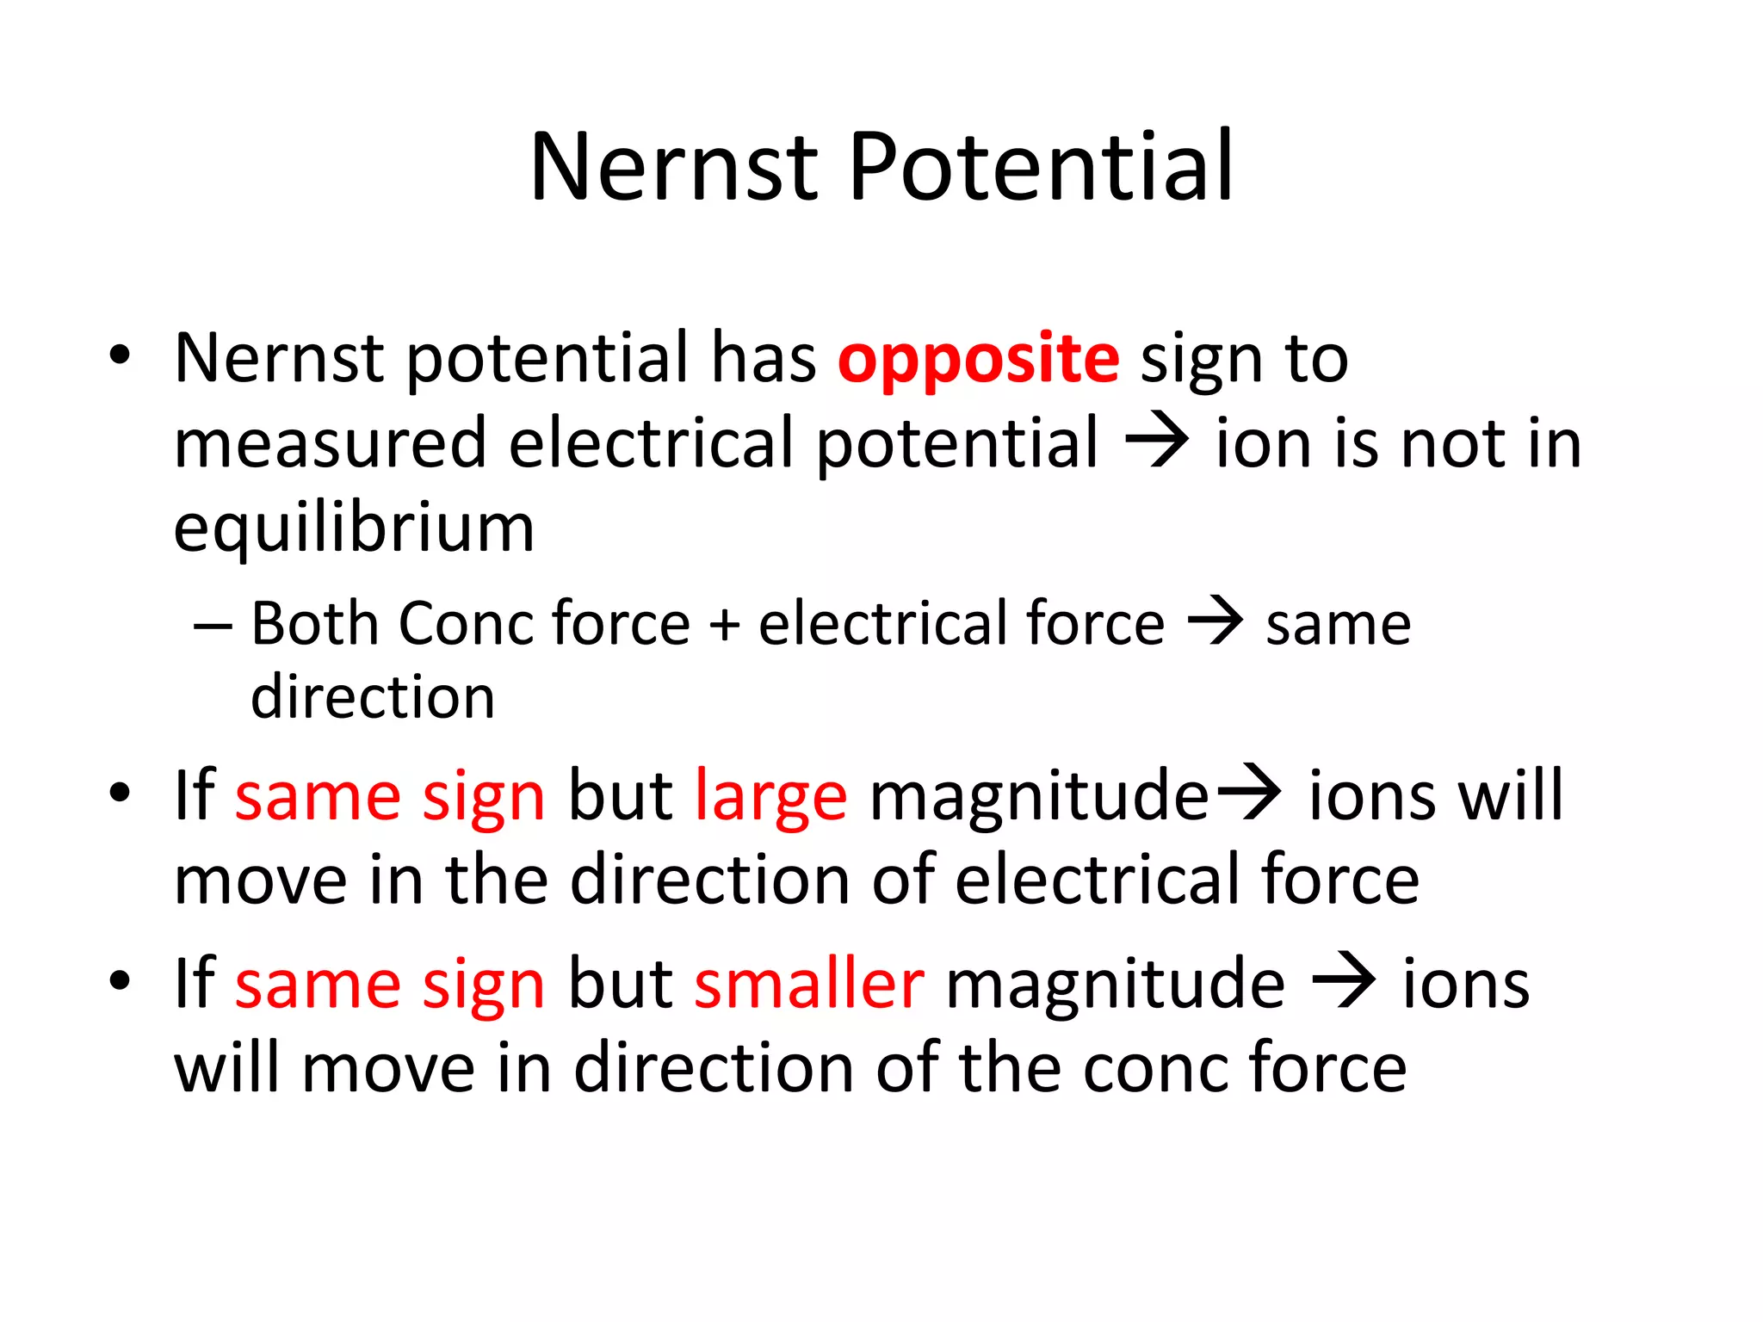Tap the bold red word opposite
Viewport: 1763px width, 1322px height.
point(979,359)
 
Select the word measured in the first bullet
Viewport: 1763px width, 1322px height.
point(330,443)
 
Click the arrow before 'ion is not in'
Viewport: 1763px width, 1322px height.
point(1157,442)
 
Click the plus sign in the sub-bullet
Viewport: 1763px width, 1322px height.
point(724,624)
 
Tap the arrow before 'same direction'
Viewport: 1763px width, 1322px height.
point(1215,621)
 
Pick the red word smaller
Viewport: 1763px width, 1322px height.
point(809,983)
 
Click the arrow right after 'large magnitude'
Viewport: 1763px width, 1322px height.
point(1246,794)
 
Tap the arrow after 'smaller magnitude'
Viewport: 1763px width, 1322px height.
point(1343,983)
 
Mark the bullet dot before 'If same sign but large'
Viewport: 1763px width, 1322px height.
point(120,792)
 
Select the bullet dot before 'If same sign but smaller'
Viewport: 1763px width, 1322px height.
point(120,979)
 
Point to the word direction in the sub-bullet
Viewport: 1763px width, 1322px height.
point(373,696)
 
